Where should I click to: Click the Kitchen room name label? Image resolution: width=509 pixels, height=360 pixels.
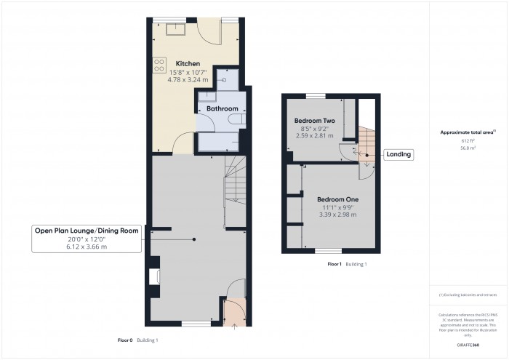[188, 64]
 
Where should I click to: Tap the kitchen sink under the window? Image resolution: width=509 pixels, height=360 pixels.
[177, 29]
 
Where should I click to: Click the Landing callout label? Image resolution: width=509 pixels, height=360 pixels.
[398, 154]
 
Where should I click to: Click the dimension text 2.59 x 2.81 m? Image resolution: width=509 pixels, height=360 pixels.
[314, 135]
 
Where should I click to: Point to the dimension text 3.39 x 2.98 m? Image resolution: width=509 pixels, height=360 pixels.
[337, 215]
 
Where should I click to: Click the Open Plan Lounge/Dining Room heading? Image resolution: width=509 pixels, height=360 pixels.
[87, 231]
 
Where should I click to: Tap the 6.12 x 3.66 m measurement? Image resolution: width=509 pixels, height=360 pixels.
[87, 247]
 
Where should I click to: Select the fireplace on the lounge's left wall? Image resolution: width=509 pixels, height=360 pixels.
[154, 277]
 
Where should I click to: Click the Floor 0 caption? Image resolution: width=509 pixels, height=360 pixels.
[125, 340]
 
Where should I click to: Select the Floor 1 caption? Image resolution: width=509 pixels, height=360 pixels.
[334, 264]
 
